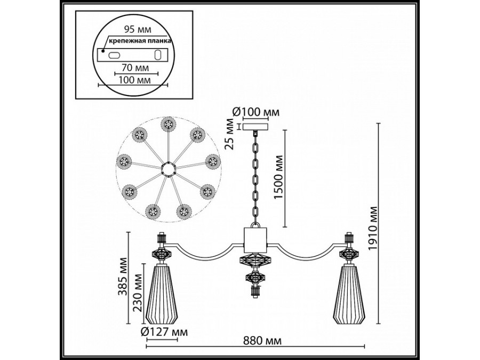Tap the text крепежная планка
pos(140,41)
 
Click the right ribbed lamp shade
pos(350,294)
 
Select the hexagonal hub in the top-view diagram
pos(169,169)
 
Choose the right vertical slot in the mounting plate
pos(158,54)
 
